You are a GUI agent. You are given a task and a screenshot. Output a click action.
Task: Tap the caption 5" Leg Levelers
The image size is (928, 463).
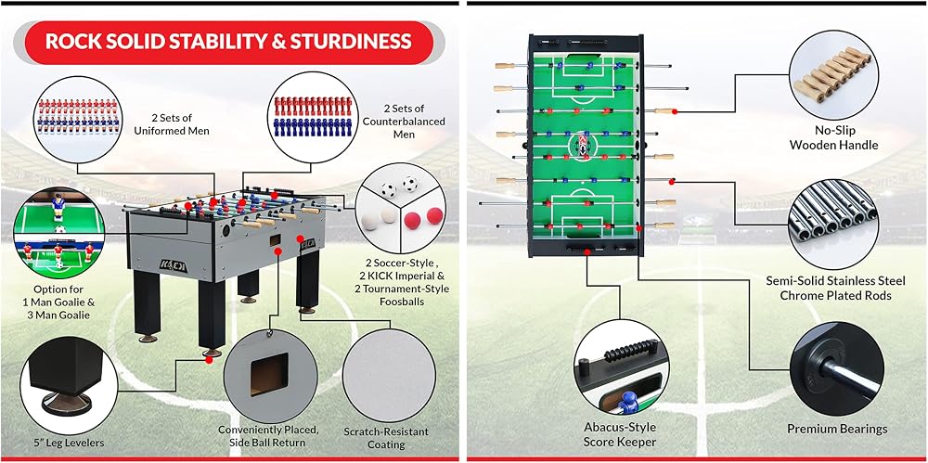click(70, 443)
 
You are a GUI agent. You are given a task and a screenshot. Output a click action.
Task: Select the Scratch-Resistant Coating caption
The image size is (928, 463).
click(386, 438)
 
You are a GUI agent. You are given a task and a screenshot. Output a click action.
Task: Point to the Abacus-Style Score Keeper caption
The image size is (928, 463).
click(620, 434)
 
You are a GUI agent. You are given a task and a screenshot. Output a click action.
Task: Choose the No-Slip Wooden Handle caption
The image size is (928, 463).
click(834, 138)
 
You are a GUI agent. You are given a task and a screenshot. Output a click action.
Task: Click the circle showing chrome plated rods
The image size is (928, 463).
click(833, 225)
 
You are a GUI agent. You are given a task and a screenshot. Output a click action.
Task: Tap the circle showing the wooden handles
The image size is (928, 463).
click(834, 74)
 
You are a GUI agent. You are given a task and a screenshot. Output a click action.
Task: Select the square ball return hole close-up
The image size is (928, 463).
click(269, 374)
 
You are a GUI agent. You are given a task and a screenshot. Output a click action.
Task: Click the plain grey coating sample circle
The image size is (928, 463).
click(390, 376)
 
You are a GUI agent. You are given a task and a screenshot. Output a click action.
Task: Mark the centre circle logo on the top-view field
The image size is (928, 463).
click(580, 145)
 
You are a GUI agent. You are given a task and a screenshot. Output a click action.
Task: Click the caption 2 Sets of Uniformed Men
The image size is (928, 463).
click(172, 123)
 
